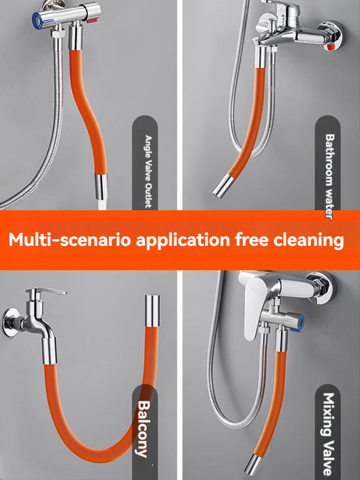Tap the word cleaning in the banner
pos(310,240)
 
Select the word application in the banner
pos(183,240)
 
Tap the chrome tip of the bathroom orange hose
pos(221,186)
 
